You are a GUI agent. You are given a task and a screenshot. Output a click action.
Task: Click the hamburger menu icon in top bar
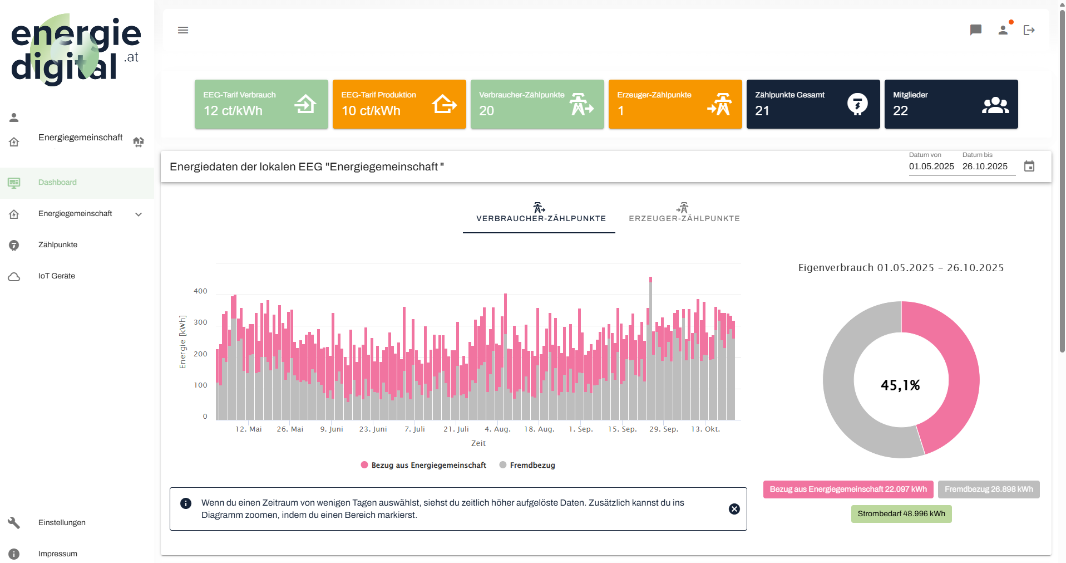click(183, 30)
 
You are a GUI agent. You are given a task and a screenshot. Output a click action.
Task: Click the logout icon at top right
click(1029, 30)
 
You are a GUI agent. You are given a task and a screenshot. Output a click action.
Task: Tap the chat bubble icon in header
click(975, 30)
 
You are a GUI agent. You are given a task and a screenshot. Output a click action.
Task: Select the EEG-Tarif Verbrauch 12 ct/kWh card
click(261, 104)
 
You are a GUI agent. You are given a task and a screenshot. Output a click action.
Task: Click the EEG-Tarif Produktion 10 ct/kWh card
click(399, 104)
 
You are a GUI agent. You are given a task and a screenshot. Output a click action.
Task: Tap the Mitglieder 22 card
click(951, 104)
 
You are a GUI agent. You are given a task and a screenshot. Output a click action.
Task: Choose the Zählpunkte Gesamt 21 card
click(813, 104)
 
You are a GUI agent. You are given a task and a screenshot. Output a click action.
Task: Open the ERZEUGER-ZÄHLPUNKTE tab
click(684, 213)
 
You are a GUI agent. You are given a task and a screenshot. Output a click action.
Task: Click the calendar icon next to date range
click(1029, 166)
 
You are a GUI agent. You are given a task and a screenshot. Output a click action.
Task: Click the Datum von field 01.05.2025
click(931, 167)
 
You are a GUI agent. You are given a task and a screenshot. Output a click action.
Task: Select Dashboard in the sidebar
click(57, 183)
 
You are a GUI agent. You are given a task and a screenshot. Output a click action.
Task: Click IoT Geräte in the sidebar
click(57, 276)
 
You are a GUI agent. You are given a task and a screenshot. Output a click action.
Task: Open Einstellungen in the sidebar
click(62, 523)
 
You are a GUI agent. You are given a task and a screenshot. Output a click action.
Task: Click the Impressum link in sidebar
click(58, 554)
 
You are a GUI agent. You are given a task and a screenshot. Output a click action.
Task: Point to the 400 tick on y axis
click(200, 291)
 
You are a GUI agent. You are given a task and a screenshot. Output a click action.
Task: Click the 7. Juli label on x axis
click(414, 429)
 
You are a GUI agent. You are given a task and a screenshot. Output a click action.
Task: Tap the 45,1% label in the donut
click(900, 385)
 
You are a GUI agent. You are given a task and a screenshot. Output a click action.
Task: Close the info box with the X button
click(734, 509)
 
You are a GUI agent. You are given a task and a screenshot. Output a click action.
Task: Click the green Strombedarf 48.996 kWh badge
click(901, 514)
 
